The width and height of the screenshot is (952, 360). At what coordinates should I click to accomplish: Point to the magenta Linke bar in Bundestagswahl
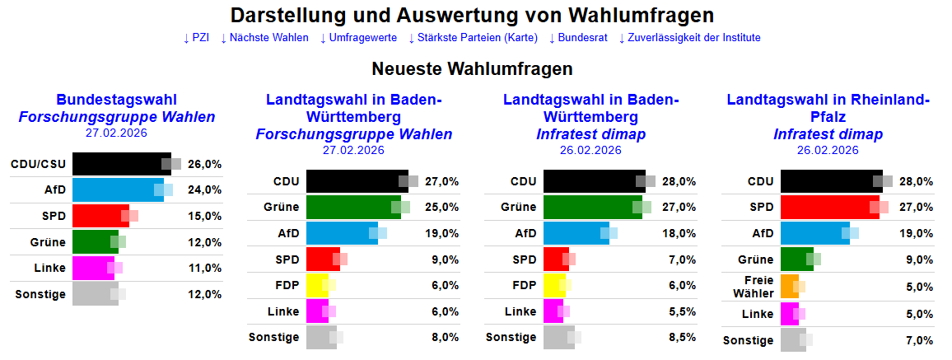pos(93,268)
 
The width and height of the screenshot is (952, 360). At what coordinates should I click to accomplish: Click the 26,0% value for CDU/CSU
pos(205,164)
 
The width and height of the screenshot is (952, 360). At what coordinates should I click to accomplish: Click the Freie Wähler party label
pos(758,287)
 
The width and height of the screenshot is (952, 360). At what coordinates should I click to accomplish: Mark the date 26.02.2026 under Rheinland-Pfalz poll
pos(828,150)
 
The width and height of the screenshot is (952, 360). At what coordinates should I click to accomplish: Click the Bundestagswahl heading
pos(117,100)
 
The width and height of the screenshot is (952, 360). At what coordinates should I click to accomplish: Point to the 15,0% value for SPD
pos(205,216)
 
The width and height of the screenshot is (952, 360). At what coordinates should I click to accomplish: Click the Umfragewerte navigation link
pos(358,38)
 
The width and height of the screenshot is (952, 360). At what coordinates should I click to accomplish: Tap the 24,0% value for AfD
pos(205,189)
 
